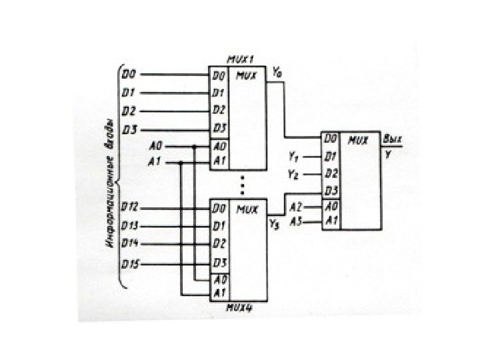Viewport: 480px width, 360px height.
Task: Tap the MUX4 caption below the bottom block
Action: point(237,308)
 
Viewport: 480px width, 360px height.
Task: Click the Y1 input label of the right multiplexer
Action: point(293,157)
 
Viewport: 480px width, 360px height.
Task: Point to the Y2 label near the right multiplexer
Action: point(293,174)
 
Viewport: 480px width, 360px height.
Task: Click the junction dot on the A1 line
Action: point(181,162)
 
